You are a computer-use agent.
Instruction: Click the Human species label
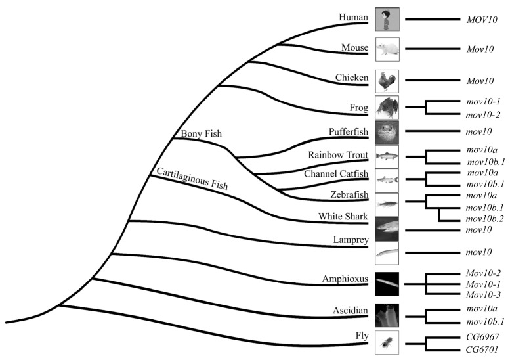click(x=353, y=17)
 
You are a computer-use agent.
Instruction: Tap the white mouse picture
click(x=387, y=49)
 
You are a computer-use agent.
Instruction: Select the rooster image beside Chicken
click(x=387, y=81)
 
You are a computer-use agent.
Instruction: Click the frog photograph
click(x=387, y=108)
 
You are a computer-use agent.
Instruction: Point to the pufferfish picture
click(x=387, y=133)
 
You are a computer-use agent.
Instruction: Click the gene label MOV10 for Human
click(x=482, y=20)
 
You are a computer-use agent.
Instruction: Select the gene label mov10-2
click(x=482, y=114)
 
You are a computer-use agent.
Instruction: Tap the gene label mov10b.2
click(x=484, y=219)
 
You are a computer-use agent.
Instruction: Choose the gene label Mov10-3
click(x=483, y=294)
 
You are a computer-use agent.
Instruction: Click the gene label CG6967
click(x=482, y=336)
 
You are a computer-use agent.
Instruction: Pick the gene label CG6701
click(x=482, y=349)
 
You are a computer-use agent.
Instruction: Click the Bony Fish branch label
click(x=202, y=133)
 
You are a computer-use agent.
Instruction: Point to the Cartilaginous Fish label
click(x=192, y=179)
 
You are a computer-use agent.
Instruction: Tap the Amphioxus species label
click(x=345, y=279)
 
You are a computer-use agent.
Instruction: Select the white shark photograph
click(x=387, y=229)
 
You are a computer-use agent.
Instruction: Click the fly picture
click(x=387, y=342)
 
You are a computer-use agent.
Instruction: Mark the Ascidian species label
click(x=351, y=311)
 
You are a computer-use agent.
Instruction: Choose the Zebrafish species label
click(x=349, y=194)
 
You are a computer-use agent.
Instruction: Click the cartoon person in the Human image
click(x=386, y=20)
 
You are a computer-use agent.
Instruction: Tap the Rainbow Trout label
click(x=338, y=155)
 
